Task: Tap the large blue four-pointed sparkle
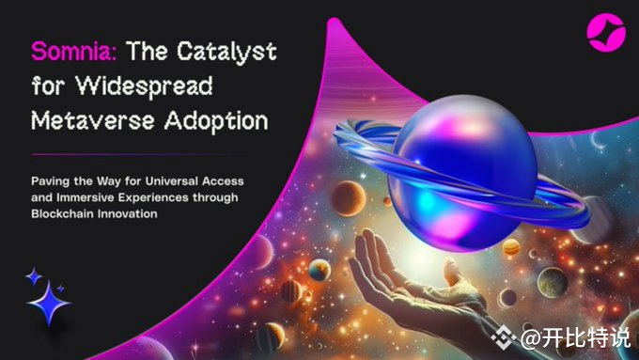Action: [48, 302]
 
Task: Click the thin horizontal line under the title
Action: [132, 153]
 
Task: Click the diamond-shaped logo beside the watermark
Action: [506, 337]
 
